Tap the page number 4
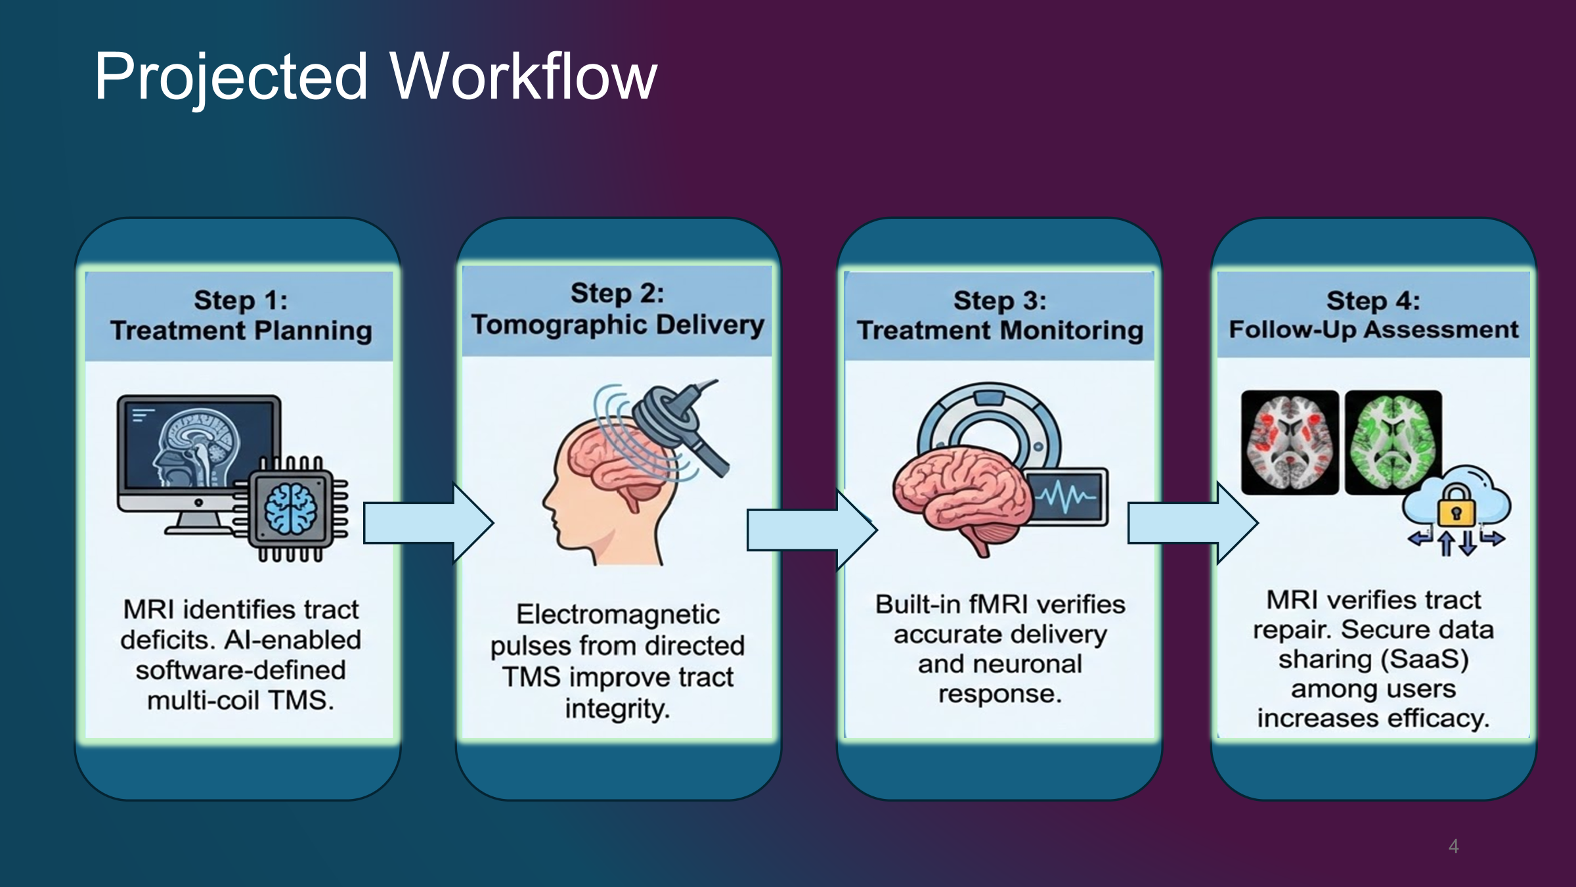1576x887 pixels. click(x=1453, y=846)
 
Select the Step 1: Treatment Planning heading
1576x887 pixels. click(x=240, y=315)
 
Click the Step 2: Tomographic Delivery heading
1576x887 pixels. click(x=617, y=309)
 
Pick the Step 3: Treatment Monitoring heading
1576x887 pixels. click(x=999, y=315)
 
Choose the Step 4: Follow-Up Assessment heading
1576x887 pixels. click(x=1373, y=315)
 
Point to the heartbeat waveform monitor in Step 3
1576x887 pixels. click(x=1067, y=497)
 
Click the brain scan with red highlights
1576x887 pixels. click(x=1289, y=442)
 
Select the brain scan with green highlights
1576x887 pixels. click(x=1393, y=442)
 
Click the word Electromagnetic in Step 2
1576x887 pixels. click(x=617, y=614)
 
